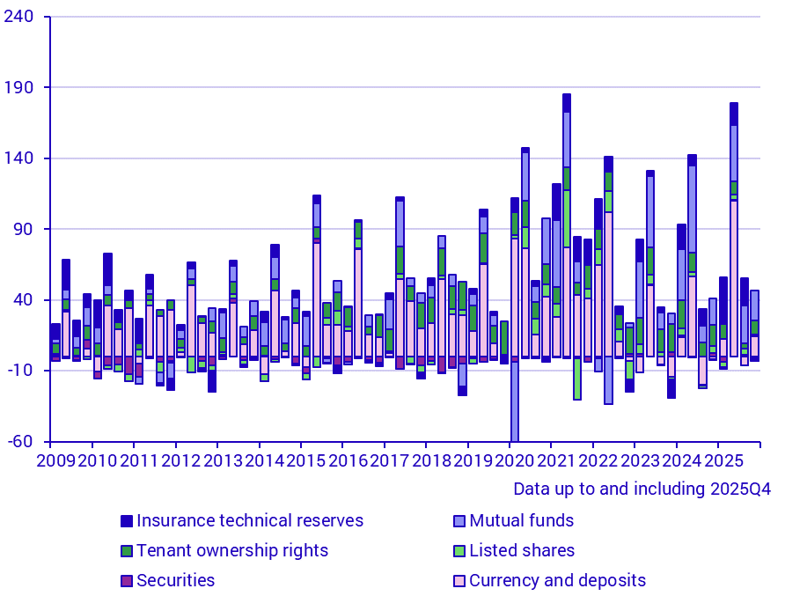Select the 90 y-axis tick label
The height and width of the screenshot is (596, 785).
click(x=24, y=229)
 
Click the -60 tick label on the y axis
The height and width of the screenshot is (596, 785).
click(x=22, y=441)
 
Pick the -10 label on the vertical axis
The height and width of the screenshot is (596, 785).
click(x=22, y=371)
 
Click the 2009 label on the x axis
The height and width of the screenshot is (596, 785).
click(x=55, y=460)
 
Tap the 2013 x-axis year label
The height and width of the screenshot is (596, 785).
click(x=223, y=460)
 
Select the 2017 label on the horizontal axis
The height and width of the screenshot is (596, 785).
click(x=389, y=460)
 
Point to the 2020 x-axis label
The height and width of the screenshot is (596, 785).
click(x=514, y=460)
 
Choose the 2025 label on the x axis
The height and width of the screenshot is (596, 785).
click(x=723, y=460)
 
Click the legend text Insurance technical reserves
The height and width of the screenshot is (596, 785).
click(x=250, y=520)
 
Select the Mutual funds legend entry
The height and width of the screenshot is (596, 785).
click(x=521, y=520)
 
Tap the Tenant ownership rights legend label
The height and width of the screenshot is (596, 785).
click(x=232, y=550)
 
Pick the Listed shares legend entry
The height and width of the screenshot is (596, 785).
click(x=522, y=550)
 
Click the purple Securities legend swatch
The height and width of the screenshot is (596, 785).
click(x=127, y=581)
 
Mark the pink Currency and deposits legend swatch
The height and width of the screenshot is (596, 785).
click(x=459, y=581)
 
